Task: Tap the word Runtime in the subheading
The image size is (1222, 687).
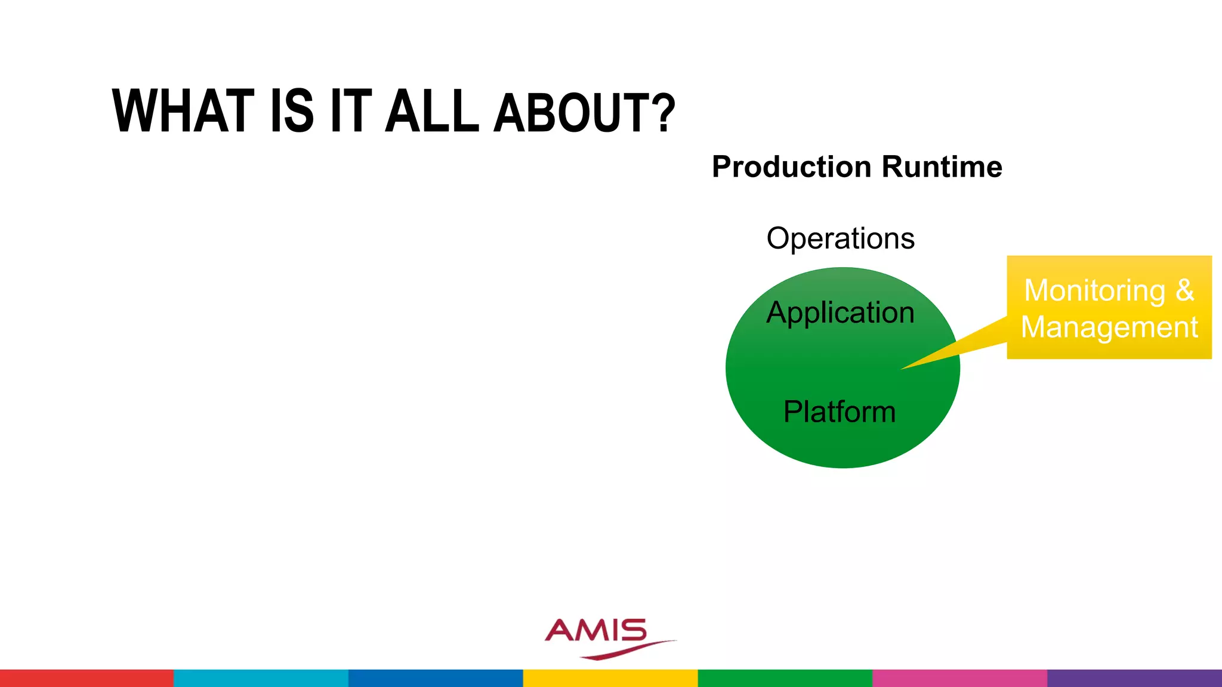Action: (x=942, y=167)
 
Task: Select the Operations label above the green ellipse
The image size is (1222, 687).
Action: (x=840, y=239)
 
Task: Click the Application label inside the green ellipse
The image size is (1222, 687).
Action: (x=840, y=313)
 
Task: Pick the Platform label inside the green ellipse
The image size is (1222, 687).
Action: (x=840, y=411)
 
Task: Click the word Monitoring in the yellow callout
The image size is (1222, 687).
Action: (x=1094, y=291)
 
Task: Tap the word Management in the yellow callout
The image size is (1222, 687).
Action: (x=1109, y=327)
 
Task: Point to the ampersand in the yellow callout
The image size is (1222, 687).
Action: (x=1185, y=290)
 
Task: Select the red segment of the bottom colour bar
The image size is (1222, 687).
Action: (x=87, y=678)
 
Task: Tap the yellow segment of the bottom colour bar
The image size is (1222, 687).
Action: (x=610, y=678)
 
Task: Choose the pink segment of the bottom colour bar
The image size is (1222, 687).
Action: (x=959, y=678)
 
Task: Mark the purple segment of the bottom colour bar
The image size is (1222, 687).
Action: (x=1134, y=678)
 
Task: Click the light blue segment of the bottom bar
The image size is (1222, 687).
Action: (x=261, y=678)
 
